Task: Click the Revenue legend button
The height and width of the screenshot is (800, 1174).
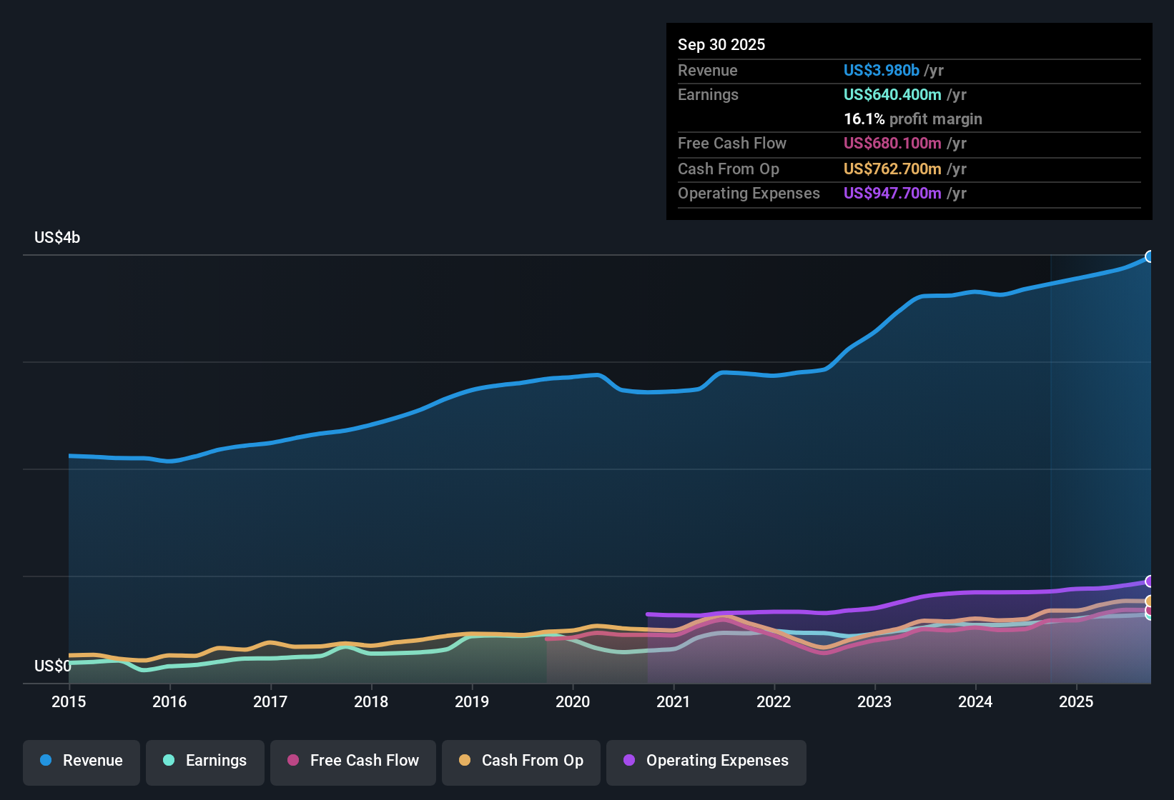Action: pos(82,761)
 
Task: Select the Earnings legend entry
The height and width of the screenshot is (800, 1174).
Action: pos(205,761)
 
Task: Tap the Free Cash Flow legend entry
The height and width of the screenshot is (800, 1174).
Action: pos(353,761)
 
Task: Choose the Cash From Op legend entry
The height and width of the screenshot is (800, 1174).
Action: pos(521,761)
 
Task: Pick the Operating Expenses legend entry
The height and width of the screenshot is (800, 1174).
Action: pos(706,761)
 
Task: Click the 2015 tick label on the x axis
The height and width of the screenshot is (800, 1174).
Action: pos(69,701)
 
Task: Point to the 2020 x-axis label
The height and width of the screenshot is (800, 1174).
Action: pos(573,701)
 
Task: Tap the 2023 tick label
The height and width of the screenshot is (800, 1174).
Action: pos(874,701)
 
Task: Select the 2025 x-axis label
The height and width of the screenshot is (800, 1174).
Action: pos(1076,701)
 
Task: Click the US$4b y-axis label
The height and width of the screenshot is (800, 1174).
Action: pos(57,238)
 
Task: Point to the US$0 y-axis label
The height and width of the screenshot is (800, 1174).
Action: pos(52,666)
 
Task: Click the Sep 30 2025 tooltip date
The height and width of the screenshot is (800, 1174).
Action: pos(721,45)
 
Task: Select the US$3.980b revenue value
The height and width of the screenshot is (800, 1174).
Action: pos(881,71)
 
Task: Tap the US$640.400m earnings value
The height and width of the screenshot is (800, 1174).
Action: pos(892,95)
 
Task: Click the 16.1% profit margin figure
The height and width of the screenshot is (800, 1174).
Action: pos(864,119)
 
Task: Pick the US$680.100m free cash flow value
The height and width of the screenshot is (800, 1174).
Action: pos(892,144)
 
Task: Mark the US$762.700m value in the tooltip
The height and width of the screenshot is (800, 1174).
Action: pos(892,169)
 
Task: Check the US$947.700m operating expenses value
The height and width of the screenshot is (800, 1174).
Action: pos(892,194)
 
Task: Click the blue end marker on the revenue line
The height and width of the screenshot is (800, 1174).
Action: pos(1150,256)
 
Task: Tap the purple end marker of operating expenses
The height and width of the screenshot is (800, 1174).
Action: pos(1150,581)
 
